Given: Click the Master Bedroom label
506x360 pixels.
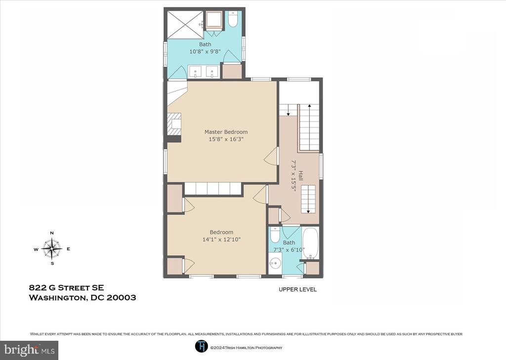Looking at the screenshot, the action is point(226,132).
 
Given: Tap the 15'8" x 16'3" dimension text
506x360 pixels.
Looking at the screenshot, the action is point(226,139).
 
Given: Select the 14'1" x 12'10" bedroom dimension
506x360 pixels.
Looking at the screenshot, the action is point(221,239).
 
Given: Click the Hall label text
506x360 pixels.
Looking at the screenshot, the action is point(301,176).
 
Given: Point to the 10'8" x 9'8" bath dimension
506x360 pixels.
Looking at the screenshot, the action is point(205,51).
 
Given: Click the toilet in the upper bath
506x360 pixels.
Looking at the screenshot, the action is point(233,19).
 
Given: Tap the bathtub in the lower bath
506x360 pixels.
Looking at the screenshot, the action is point(310,243).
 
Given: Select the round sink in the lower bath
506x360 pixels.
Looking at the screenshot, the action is point(275,263).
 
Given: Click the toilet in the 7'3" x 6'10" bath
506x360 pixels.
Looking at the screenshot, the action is point(275,235).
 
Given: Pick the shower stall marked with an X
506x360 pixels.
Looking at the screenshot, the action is point(185,25).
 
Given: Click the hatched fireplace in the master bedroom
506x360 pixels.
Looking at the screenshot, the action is point(174,124).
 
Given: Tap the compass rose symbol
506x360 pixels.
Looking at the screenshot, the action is point(52,249).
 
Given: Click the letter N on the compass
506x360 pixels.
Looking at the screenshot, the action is point(52,233).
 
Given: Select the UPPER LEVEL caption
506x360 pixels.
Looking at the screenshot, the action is point(297,290).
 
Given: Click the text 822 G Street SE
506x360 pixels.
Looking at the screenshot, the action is point(67,287).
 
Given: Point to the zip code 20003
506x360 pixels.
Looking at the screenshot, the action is point(122,297).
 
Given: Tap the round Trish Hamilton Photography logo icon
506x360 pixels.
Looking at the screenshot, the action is point(202,347).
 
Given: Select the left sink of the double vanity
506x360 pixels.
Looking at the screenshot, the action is point(195,72).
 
